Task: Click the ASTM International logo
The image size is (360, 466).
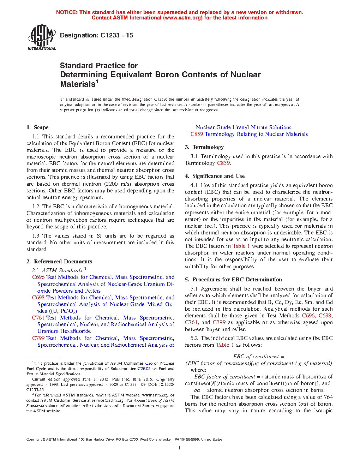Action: click(x=41, y=37)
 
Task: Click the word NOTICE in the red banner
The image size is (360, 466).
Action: click(x=66, y=12)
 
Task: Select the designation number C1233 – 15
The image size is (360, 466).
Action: click(x=116, y=35)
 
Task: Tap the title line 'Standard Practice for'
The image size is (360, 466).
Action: click(x=99, y=66)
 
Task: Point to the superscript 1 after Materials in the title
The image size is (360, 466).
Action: click(x=97, y=82)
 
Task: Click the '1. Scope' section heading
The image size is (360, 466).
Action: click(x=37, y=127)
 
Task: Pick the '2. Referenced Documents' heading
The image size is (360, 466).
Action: click(x=59, y=262)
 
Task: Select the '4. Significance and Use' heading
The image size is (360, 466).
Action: click(x=215, y=176)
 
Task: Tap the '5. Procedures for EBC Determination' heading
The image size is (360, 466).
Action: click(x=234, y=280)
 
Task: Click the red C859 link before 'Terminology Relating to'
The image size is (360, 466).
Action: click(x=197, y=134)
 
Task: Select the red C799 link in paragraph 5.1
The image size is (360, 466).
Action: click(x=219, y=322)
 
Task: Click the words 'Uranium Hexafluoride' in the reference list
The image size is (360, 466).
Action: click(x=64, y=331)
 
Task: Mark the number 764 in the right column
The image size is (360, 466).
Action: click(x=328, y=397)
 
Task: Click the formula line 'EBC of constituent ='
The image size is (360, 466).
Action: click(x=259, y=357)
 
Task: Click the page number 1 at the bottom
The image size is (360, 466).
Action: click(x=180, y=448)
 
